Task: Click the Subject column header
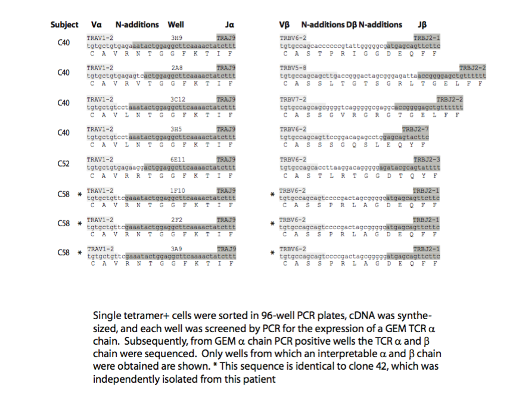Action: (x=64, y=24)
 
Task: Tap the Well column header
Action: (x=175, y=24)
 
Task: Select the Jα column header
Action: (x=229, y=24)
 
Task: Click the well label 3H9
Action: (x=176, y=38)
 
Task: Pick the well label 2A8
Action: (x=176, y=67)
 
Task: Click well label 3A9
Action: (x=176, y=248)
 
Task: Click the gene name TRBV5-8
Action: (x=293, y=67)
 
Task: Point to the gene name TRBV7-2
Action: (x=293, y=98)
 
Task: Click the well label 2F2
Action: (x=176, y=219)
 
